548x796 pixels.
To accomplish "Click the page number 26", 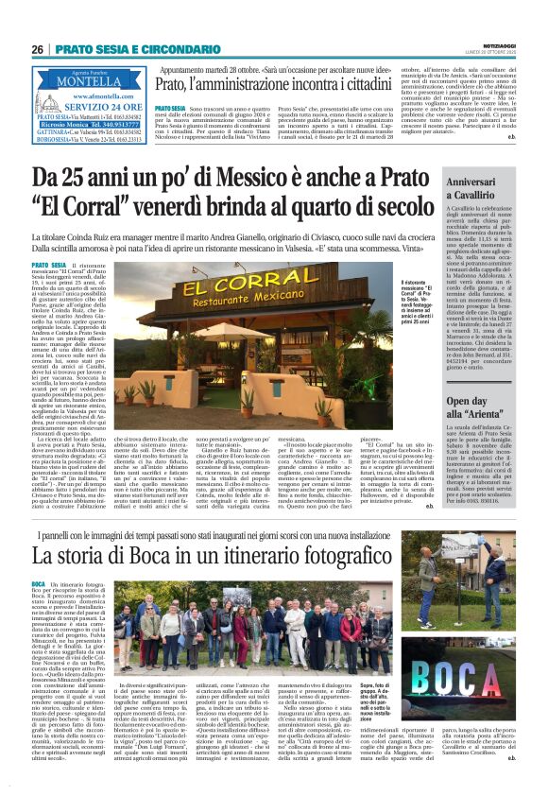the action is [x=37, y=48].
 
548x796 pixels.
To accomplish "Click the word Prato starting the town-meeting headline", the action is [x=178, y=85].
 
